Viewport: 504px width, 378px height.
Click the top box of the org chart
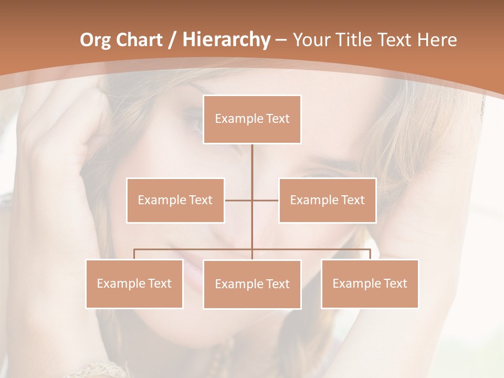coord(252,119)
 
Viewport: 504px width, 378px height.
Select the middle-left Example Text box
coord(175,200)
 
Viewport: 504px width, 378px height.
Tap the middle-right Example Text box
coord(327,200)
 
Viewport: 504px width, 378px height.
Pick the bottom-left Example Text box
coord(134,283)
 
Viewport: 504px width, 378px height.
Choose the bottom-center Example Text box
coord(252,284)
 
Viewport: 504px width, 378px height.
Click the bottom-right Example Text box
coord(370,283)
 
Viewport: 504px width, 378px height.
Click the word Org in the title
coord(95,40)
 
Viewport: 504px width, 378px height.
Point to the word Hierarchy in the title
coord(226,40)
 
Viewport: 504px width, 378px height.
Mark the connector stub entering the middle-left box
coord(238,200)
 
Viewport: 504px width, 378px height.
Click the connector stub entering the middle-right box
coord(266,200)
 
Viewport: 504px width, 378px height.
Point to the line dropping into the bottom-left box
coord(134,254)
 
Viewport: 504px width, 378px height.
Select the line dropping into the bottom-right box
coord(370,254)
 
